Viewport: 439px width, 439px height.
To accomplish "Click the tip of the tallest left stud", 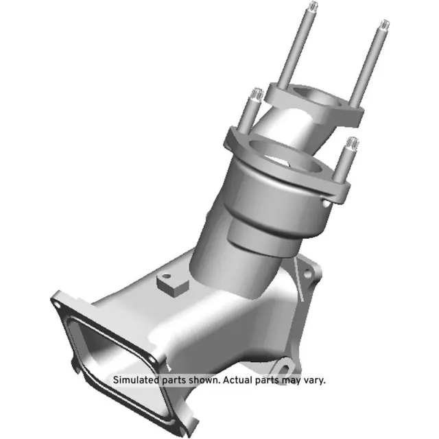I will pyautogui.click(x=313, y=8).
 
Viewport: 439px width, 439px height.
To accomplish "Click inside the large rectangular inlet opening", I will pyautogui.click(x=110, y=350).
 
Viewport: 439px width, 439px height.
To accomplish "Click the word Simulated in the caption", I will pyautogui.click(x=137, y=379).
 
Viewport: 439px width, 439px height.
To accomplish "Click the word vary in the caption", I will pyautogui.click(x=315, y=379).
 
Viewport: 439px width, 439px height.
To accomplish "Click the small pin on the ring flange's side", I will pyautogui.click(x=323, y=203).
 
